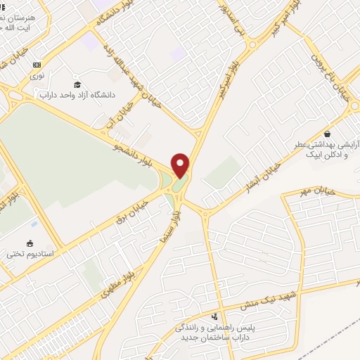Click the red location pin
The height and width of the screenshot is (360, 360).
(x=181, y=165)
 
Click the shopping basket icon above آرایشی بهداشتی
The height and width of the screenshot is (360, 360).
(x=327, y=134)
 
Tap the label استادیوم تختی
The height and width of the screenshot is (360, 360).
(x=30, y=253)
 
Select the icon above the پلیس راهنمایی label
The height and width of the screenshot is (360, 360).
(x=214, y=316)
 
